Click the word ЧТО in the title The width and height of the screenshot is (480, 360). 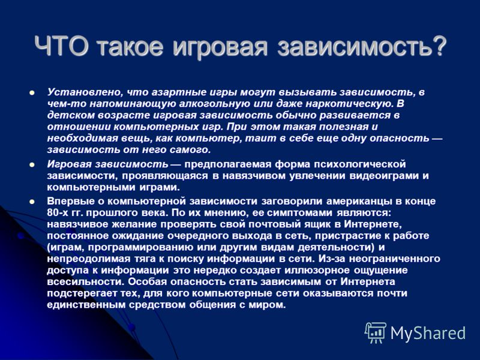62,46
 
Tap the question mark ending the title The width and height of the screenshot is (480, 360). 439,46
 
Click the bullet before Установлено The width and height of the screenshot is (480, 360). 32,92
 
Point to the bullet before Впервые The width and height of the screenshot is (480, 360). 32,202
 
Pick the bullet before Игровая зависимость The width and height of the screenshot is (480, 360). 32,164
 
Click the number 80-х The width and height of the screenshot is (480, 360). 57,213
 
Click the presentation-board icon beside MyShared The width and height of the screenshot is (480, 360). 376,333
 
